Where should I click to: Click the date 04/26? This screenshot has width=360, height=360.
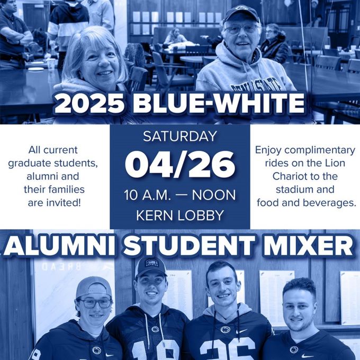coord(180,164)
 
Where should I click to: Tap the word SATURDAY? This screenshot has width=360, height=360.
coord(180,136)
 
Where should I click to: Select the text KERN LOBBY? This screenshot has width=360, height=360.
coord(180,215)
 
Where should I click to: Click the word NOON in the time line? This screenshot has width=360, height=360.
coord(214,195)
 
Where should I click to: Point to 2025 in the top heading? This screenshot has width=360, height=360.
coord(89,104)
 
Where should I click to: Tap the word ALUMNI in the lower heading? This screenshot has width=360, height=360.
coord(59,246)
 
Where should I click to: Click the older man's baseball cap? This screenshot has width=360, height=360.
coord(241,14)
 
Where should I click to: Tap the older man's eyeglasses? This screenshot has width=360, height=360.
coord(241,29)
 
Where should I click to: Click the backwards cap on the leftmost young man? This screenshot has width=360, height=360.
coord(94,287)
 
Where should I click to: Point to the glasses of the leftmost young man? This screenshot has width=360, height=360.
coord(95,303)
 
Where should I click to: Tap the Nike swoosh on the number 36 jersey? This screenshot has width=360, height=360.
coord(242,331)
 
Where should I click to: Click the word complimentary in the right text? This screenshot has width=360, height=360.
coord(320,150)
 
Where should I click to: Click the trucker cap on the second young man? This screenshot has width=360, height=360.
coord(151,267)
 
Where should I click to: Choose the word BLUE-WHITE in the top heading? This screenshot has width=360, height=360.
coord(219,104)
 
